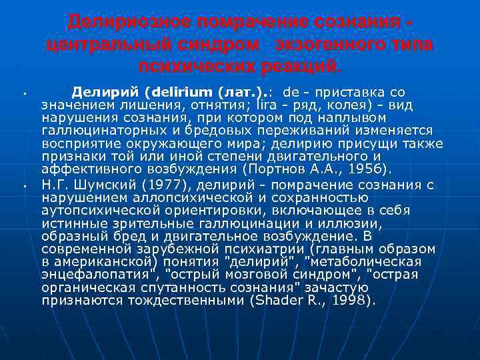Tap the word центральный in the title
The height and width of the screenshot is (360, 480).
click(101, 45)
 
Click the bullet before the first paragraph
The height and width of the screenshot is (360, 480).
click(23, 93)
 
